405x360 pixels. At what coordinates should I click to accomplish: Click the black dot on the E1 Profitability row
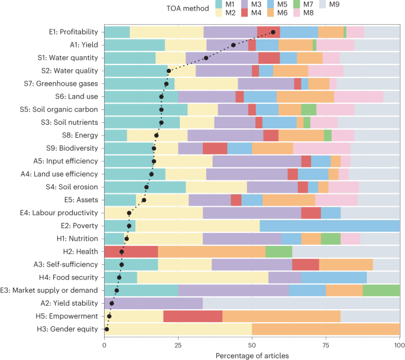tap(273, 32)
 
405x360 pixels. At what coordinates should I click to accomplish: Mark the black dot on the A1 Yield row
tap(234, 45)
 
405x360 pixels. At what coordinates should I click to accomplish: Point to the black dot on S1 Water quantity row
tap(206, 58)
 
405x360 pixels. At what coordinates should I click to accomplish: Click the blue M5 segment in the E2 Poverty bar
tap(329, 225)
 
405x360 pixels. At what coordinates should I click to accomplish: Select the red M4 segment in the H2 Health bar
tap(131, 251)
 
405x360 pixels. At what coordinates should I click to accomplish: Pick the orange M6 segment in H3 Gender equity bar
tap(326, 329)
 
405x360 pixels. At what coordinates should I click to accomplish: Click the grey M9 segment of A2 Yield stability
tap(301, 303)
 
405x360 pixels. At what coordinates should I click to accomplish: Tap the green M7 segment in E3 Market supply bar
tap(381, 290)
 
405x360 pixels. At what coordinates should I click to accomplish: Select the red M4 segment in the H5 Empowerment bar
tap(193, 316)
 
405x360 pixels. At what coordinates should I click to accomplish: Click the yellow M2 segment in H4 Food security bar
tap(203, 277)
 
